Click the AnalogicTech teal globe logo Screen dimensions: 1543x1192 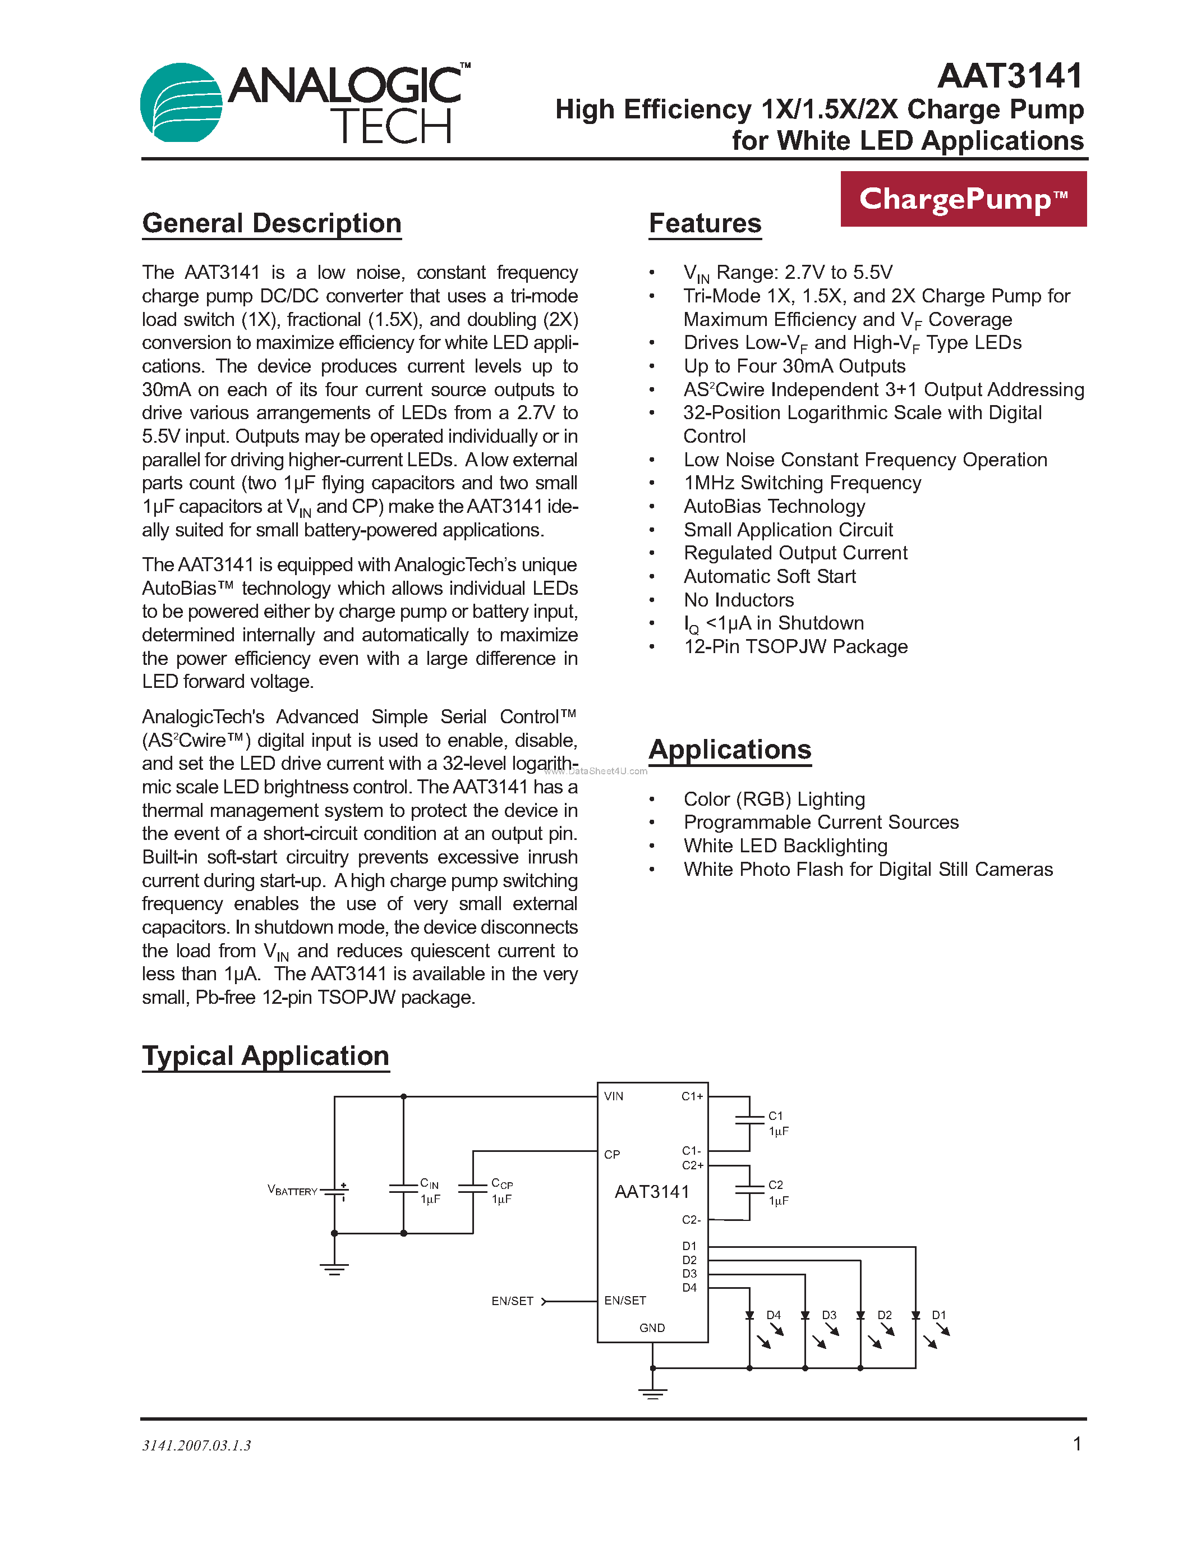coord(182,103)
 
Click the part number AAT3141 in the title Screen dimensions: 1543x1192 coord(1010,76)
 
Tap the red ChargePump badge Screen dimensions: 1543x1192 coord(963,199)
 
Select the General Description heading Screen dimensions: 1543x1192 coord(272,223)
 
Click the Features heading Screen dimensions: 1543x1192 coord(705,223)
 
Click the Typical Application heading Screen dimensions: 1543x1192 coord(265,1056)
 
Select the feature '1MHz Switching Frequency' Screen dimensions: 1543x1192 coord(802,483)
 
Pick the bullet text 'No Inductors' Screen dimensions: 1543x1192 coord(739,600)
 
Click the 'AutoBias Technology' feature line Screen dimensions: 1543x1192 coord(774,507)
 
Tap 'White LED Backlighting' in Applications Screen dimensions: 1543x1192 coord(785,846)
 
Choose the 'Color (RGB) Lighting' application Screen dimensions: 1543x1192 coord(774,799)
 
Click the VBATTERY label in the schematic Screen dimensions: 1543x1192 coord(292,1191)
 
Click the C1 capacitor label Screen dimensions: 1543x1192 coord(775,1116)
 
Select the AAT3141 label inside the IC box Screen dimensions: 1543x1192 coord(652,1192)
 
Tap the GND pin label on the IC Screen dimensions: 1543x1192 coord(652,1328)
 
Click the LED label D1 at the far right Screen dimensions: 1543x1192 coord(938,1315)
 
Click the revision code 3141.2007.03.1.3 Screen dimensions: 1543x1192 coord(196,1445)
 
